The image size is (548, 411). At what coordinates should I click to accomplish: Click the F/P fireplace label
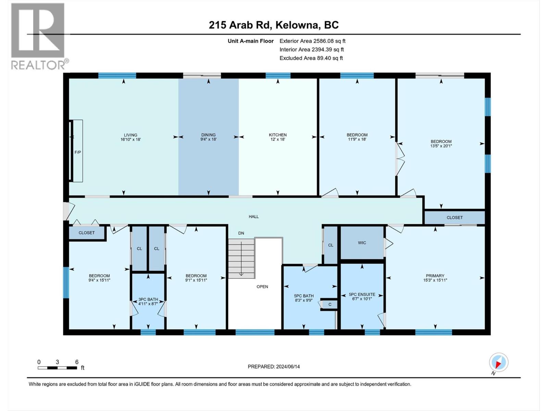point(78,152)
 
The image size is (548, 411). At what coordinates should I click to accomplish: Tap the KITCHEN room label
point(278,137)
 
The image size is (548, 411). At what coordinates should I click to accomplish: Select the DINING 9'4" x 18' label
point(208,137)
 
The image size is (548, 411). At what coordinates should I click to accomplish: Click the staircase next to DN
point(242,259)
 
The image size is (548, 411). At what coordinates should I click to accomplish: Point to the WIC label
point(362,243)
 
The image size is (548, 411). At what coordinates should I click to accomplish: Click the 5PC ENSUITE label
point(362,296)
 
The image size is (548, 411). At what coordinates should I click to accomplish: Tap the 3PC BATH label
point(148,301)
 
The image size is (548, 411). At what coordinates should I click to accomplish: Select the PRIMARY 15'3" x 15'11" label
point(435,278)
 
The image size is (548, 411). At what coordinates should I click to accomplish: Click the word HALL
point(254,216)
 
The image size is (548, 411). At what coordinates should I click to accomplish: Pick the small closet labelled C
point(330,304)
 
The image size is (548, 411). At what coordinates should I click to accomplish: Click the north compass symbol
point(498,362)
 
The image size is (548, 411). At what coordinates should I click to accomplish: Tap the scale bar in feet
point(58,368)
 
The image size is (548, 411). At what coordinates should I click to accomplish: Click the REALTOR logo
point(38,36)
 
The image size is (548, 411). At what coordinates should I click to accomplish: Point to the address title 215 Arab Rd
point(274,25)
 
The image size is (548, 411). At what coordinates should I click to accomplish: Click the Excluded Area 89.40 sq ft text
point(311,58)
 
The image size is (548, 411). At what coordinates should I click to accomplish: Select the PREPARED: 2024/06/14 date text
point(274,366)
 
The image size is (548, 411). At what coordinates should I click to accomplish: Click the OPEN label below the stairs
point(262,287)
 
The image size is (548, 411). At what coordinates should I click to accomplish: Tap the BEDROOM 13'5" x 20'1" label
point(441,144)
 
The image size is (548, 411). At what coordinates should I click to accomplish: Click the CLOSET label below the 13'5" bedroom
point(454,217)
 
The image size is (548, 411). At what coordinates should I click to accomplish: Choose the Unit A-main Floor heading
point(251,41)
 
